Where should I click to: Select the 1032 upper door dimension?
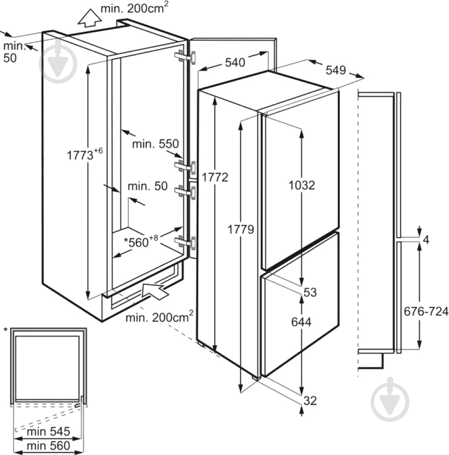[x=302, y=185]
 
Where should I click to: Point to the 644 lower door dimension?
[x=302, y=322]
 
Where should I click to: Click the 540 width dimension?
[x=235, y=63]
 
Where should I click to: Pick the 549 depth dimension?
[x=335, y=70]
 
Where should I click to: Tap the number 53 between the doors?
[x=310, y=292]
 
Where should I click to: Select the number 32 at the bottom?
[x=310, y=401]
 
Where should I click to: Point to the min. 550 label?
[x=155, y=144]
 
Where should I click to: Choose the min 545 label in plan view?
[x=48, y=432]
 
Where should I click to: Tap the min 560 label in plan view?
[x=48, y=445]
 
